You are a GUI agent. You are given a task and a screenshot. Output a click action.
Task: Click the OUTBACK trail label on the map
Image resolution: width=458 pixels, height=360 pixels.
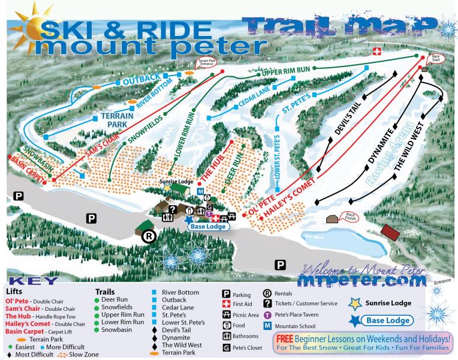[142, 79]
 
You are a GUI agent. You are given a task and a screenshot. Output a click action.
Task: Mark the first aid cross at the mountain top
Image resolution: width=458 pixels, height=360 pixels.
[376, 52]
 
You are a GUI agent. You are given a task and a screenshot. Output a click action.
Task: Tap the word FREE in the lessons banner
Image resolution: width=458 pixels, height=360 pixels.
[286, 338]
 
